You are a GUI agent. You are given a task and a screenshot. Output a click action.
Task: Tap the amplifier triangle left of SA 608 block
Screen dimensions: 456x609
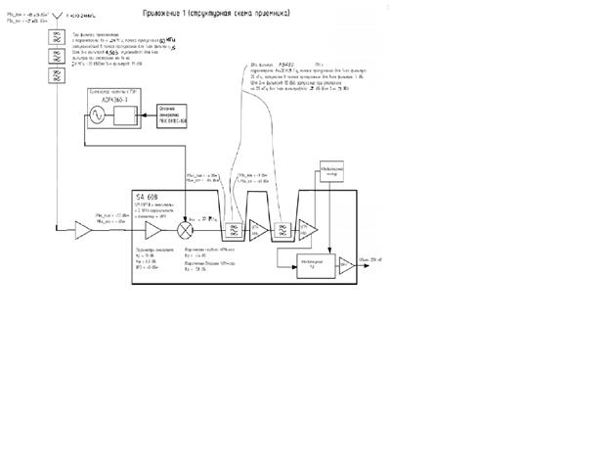[x=85, y=230]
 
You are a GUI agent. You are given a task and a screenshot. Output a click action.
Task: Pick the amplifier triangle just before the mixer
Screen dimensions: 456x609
[x=154, y=231]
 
